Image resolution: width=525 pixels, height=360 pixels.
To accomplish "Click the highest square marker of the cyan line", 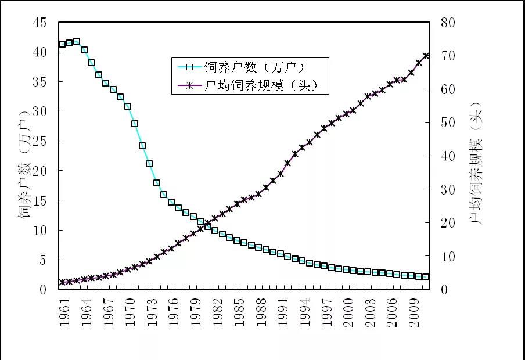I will [x=77, y=42].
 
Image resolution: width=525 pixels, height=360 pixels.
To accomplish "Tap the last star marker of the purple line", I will [x=426, y=56].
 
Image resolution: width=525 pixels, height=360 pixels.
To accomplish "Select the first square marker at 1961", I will [x=62, y=44].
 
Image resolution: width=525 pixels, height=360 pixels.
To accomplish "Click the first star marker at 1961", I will [x=62, y=283].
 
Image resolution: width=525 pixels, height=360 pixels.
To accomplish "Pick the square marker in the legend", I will [x=189, y=66].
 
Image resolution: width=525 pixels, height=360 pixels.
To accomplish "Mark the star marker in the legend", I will [x=189, y=85].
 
